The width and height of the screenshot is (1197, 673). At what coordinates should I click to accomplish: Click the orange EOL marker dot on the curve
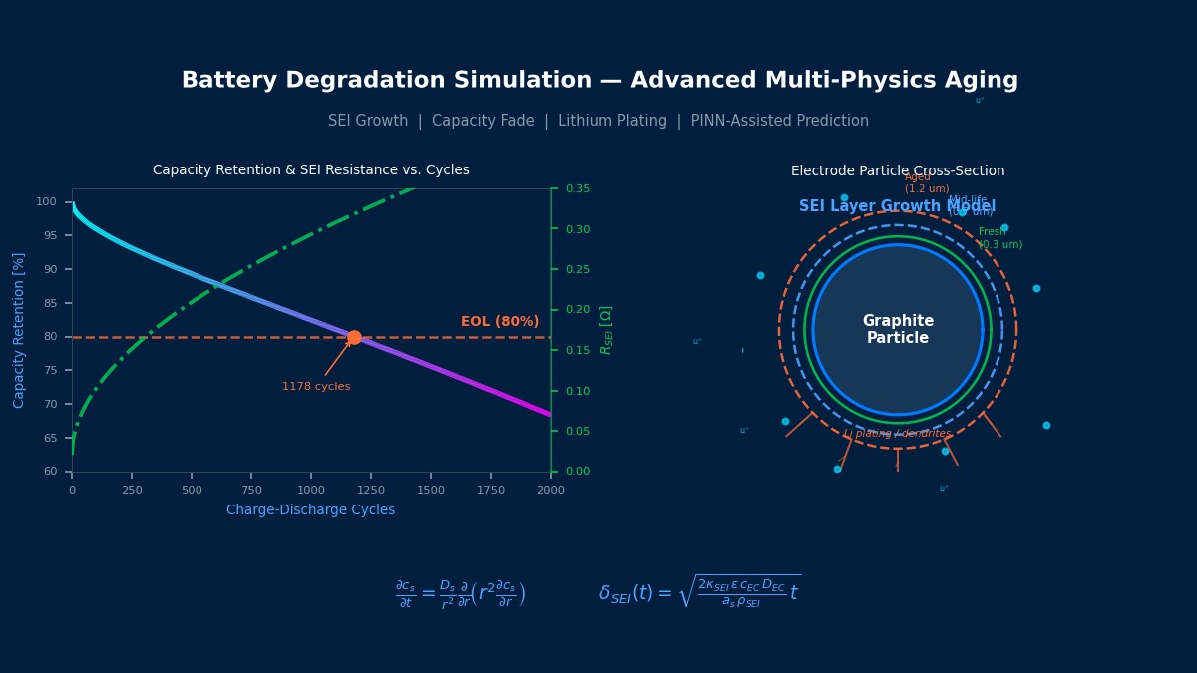(x=354, y=337)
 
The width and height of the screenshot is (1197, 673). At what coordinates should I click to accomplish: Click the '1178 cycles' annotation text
(x=316, y=387)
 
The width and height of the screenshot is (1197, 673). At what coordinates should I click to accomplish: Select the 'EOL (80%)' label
(x=500, y=322)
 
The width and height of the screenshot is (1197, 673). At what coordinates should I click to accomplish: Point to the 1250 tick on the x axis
(x=371, y=490)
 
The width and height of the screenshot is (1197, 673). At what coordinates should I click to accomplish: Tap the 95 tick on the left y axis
(x=46, y=235)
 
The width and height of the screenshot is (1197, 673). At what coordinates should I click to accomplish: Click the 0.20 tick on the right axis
(x=578, y=310)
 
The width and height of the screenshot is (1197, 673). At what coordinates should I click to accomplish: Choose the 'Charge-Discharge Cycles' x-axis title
(x=310, y=510)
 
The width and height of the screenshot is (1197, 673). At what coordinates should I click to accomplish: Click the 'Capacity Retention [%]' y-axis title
(x=19, y=330)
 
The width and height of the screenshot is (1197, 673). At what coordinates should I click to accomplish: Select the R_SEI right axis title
(x=606, y=330)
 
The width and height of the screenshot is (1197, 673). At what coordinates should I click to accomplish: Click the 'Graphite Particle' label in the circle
(x=898, y=330)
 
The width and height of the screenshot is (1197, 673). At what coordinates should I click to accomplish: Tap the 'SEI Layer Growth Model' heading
(x=897, y=206)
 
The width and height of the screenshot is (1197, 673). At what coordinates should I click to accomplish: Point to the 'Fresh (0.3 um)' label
(x=999, y=238)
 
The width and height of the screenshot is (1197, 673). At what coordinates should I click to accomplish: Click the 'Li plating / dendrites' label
(x=897, y=434)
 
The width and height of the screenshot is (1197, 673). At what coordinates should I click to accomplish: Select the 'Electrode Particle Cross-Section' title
(x=898, y=171)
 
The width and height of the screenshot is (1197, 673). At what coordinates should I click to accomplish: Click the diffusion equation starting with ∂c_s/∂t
(x=460, y=594)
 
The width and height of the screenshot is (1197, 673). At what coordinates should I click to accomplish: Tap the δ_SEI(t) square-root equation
(x=699, y=592)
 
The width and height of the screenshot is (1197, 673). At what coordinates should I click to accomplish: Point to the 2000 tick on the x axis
(x=551, y=490)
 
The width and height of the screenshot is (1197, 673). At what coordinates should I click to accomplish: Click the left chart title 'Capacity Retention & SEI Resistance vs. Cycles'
(x=310, y=170)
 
